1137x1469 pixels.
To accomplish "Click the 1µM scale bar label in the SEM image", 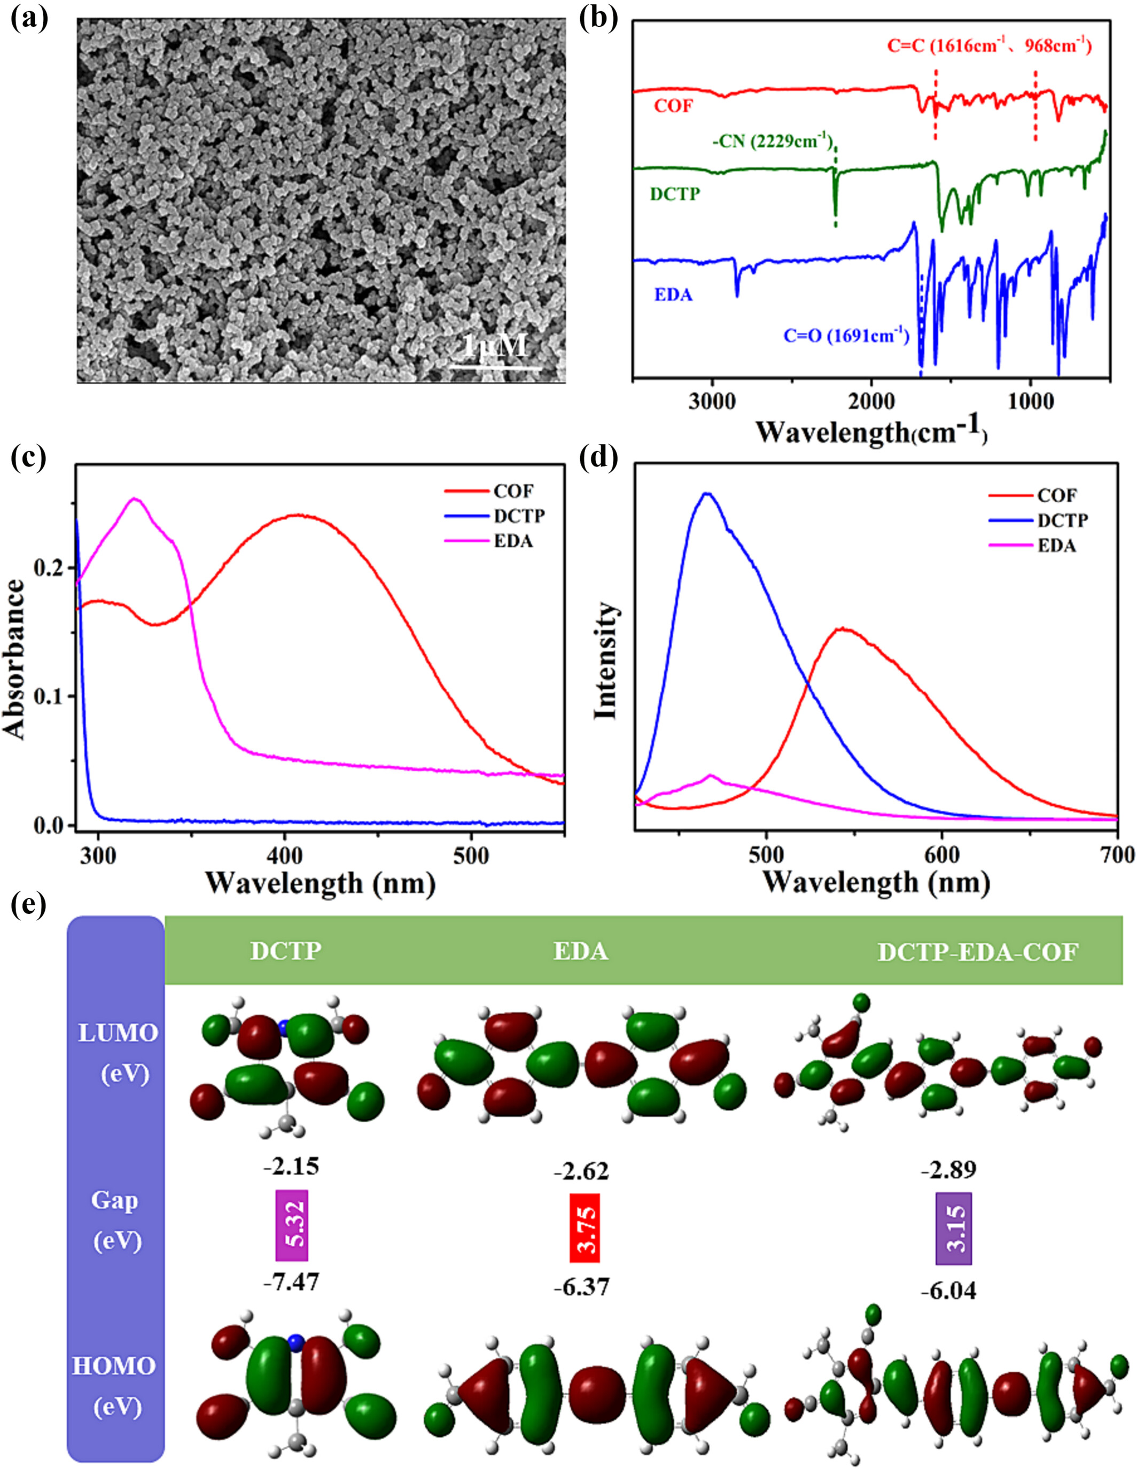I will point(495,346).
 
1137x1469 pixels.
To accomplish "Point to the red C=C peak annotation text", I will point(989,46).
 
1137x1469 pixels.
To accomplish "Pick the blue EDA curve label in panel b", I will point(673,294).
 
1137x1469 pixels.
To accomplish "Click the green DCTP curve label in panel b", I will point(675,195).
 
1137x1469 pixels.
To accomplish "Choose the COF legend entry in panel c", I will point(513,491).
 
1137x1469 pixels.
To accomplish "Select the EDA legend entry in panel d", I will point(1056,546).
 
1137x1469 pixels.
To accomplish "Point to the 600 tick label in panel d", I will point(941,855).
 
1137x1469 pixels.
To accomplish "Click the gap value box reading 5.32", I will point(292,1225).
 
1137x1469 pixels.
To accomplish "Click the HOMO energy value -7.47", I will point(291,1282).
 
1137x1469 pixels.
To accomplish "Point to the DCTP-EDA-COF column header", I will point(978,952).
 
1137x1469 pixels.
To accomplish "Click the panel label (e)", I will point(29,905).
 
